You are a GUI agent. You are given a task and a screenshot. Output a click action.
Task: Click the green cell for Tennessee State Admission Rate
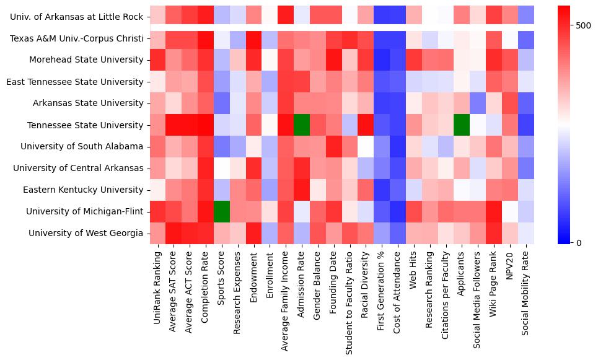coord(302,125)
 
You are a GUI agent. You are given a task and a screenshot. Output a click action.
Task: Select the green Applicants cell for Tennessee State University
coord(462,125)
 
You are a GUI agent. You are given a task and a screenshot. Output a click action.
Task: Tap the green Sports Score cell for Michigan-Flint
coord(221,211)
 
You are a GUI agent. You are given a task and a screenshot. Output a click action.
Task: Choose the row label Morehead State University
coord(86,60)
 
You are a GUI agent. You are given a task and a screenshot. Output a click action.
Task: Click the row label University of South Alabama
coord(82,147)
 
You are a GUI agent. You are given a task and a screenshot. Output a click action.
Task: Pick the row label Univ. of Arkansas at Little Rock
coord(76,17)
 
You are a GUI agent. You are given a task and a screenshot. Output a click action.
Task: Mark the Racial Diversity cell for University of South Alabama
coord(366,147)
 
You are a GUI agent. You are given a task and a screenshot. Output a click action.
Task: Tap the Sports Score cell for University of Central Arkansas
coord(221,168)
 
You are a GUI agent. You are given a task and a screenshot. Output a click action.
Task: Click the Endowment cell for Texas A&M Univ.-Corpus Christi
coord(253,38)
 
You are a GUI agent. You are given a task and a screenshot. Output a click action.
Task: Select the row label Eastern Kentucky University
coord(85,190)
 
